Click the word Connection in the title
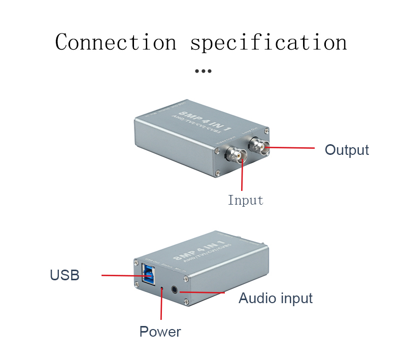pos(116,42)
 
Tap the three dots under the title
pos(203,71)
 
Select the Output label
pos(347,150)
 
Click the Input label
pos(246,200)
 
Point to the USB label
pos(64,275)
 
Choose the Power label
pos(160,332)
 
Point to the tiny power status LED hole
pos(162,288)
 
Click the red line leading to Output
pos(289,148)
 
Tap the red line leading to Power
pos(161,305)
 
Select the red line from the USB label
pos(122,276)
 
